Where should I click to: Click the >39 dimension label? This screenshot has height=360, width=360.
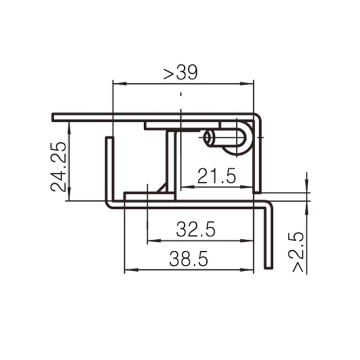pos(181,73)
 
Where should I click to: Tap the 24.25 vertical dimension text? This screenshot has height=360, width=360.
pos(58,167)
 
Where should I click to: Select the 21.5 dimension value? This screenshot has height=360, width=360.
pos(217,176)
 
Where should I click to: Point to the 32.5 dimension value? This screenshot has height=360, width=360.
pos(196,229)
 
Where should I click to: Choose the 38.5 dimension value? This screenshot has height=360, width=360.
pos(189,259)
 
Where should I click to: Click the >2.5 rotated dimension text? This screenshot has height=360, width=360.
pos(298,252)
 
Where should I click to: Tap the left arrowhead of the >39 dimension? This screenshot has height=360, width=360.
pos(119,84)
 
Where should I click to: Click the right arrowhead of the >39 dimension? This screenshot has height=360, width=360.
pos(247,84)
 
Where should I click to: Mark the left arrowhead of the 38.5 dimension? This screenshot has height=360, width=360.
pos(131,269)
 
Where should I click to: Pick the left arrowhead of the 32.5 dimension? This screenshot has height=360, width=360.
pos(154,241)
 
